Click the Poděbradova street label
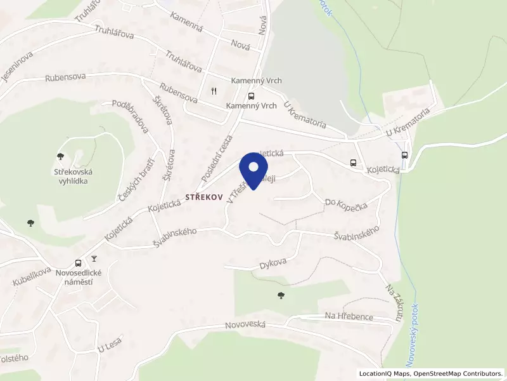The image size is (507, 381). (130, 116)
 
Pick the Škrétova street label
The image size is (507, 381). (163, 110)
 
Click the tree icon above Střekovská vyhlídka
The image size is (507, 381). (61, 156)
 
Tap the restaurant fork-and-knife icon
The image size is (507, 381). (214, 90)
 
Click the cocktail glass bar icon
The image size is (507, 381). (94, 258)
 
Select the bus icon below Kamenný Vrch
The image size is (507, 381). (252, 96)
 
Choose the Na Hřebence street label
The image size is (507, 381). (349, 316)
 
